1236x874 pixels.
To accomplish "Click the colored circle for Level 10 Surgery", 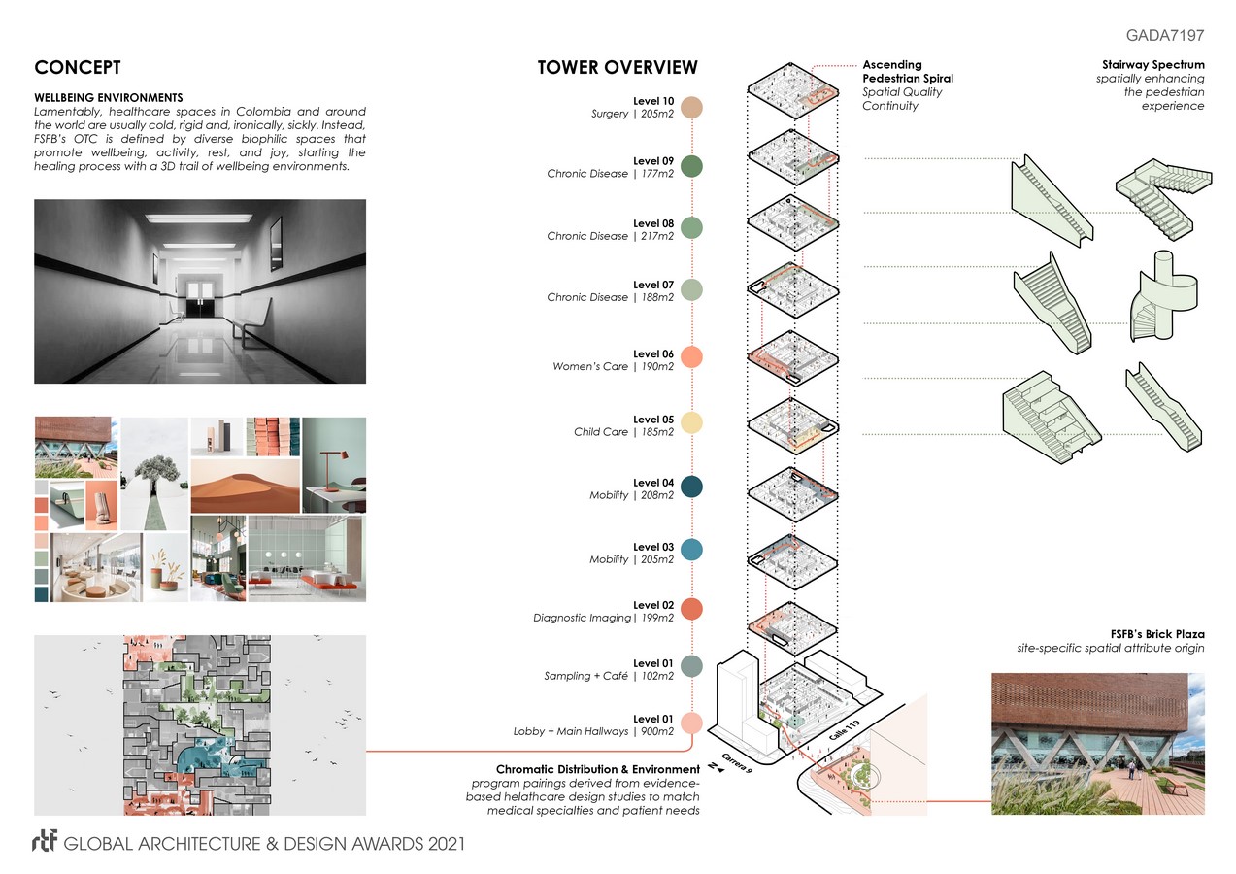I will (691, 108).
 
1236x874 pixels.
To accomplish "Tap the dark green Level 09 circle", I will (691, 167).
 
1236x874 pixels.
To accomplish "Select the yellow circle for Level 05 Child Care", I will (691, 423).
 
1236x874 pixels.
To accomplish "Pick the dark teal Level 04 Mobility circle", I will (691, 487).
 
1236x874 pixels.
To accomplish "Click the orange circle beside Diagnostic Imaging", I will (691, 609).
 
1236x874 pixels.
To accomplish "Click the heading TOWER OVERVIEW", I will (618, 67).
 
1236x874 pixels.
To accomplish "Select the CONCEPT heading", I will (78, 67).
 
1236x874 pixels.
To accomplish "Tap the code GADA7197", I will (1165, 35).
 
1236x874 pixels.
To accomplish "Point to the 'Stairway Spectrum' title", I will (1153, 65).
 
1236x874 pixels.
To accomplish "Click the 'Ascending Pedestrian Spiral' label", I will (908, 71).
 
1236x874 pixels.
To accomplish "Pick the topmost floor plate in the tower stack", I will (792, 90).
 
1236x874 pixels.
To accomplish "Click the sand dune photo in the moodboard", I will (245, 486).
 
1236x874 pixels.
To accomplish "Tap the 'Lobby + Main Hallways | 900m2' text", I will (593, 730).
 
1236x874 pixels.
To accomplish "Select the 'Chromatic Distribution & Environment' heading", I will (598, 769).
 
